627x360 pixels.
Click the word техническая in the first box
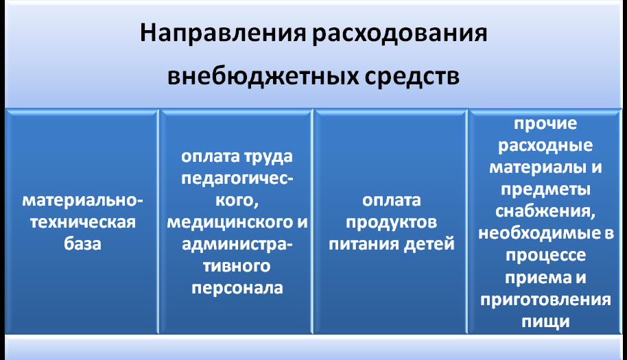coord(83,222)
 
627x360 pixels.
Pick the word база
coord(82,243)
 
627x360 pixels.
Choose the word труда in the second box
coord(268,156)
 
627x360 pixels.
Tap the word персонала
coord(237,289)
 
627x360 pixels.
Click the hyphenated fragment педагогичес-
coord(237,178)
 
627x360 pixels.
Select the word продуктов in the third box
coord(392,223)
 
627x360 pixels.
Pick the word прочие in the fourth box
coord(545,124)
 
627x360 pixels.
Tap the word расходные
coord(545,145)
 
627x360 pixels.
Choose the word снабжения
coord(545,211)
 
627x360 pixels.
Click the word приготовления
coord(545,300)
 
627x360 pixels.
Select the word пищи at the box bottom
coord(545,322)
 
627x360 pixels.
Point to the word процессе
coord(545,255)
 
